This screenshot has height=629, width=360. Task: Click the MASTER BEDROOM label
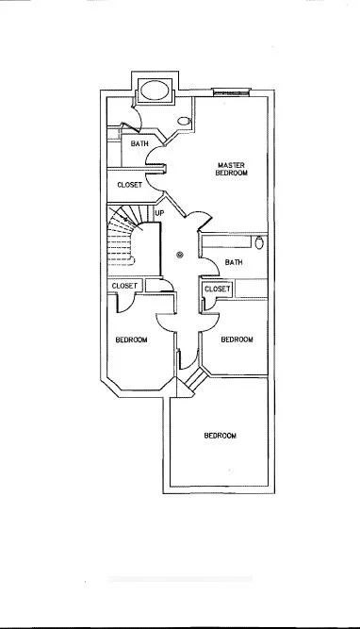pos(231,169)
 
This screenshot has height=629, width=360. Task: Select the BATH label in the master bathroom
pos(139,143)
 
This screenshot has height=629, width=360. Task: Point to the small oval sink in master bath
pos(184,122)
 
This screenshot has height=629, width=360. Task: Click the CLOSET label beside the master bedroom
pos(129,186)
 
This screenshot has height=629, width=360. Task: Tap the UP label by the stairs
pos(159,213)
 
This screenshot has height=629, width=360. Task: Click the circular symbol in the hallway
pos(181,253)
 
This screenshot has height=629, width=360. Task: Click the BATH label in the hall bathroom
pos(234,262)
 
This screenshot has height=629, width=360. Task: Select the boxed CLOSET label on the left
pos(124,286)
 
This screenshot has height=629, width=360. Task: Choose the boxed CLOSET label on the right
pos(217,289)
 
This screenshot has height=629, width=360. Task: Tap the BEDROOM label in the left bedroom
pos(131,339)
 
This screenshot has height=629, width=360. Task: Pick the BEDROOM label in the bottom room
pos(220,436)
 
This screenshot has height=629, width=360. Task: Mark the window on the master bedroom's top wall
pos(231,92)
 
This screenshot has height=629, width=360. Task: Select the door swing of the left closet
pos(123,303)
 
